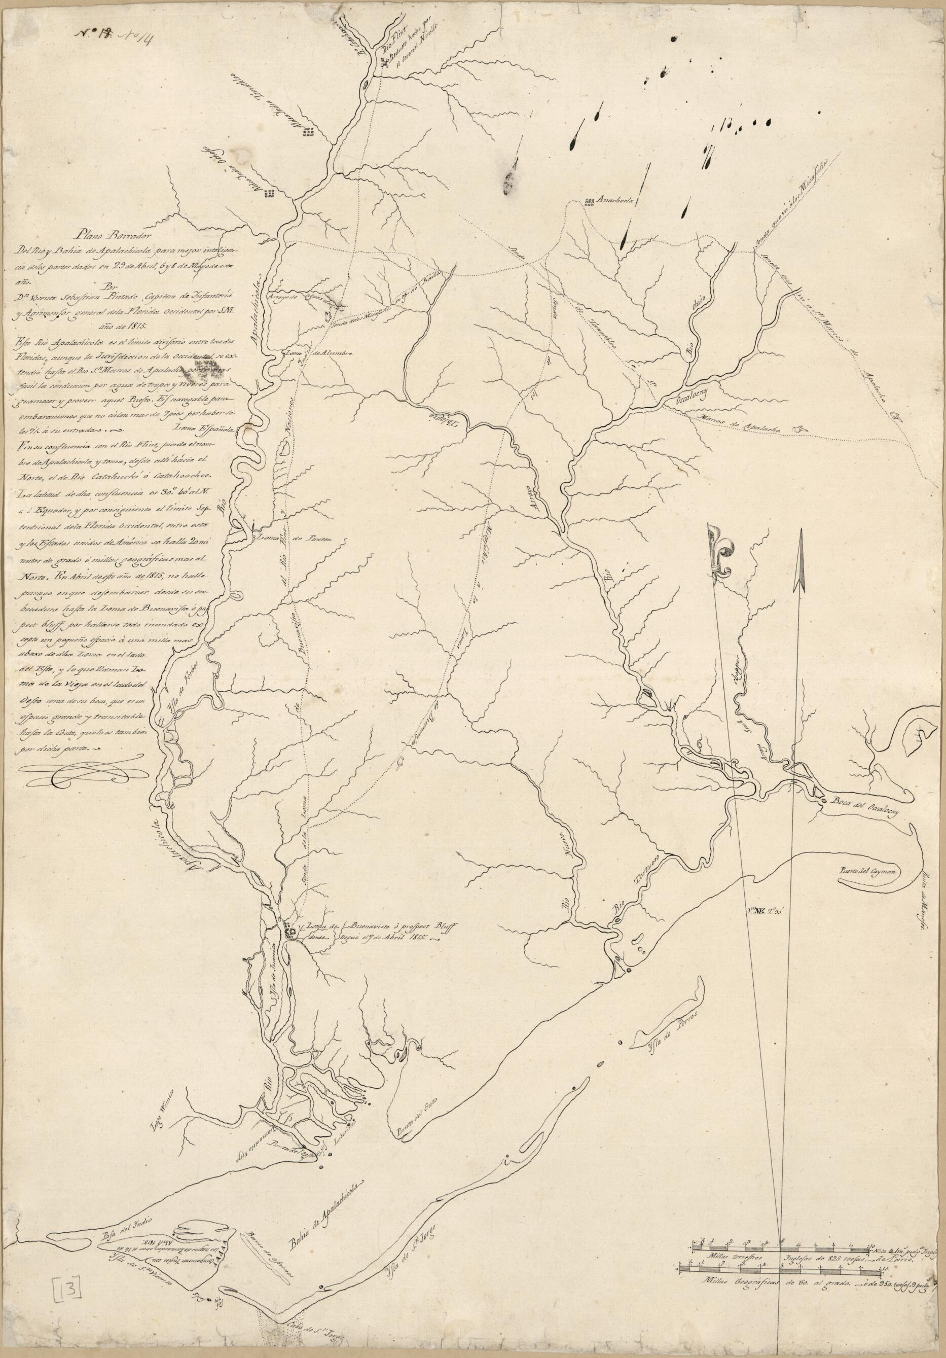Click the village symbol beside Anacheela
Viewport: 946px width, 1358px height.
pos(589,202)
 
